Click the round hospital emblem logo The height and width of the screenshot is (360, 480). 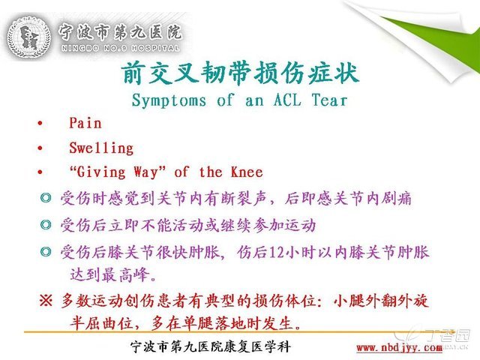(x=29, y=37)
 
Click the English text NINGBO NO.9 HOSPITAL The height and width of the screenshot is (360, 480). (x=120, y=48)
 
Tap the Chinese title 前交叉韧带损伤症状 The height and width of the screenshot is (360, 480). (x=240, y=73)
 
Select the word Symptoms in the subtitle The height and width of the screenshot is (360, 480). (x=169, y=100)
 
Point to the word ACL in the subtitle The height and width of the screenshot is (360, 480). (x=287, y=100)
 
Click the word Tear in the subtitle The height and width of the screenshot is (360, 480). (x=329, y=100)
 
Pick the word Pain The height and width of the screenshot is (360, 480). (x=85, y=123)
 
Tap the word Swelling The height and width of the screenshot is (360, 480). (x=101, y=148)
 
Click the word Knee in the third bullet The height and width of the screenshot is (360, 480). (x=247, y=172)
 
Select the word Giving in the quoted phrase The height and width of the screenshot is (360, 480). (x=101, y=172)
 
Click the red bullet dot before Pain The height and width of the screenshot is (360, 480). (x=40, y=124)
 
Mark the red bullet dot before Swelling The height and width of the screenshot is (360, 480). (x=40, y=148)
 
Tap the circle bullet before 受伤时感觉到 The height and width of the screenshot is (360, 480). (x=46, y=198)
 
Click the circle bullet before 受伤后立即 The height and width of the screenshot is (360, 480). (x=46, y=225)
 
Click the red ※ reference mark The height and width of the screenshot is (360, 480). (x=46, y=301)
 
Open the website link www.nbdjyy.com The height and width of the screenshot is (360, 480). (x=399, y=348)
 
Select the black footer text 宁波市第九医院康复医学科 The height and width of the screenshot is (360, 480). (x=211, y=346)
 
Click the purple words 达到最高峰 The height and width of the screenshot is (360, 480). (x=109, y=275)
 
